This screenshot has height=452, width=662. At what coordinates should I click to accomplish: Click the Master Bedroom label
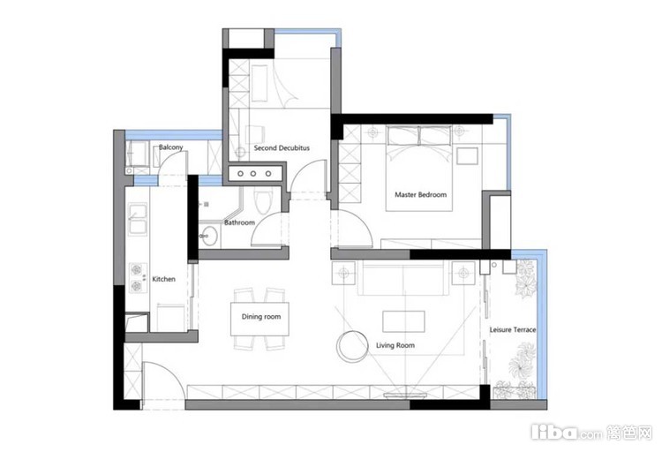(420, 195)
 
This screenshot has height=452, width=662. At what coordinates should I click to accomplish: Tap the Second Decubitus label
(282, 147)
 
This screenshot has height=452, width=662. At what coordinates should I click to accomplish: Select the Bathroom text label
(239, 222)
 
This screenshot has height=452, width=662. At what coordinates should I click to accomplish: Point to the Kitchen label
(164, 279)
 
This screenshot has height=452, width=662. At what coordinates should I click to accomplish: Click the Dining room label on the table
(261, 316)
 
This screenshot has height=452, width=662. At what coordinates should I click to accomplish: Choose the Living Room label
(395, 345)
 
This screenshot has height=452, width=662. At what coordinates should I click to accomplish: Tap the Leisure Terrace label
(513, 329)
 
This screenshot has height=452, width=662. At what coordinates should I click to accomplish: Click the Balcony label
(170, 147)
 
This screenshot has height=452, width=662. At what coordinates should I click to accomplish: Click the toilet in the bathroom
(263, 202)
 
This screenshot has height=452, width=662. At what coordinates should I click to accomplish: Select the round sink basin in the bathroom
(207, 236)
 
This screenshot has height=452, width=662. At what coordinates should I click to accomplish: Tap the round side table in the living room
(352, 346)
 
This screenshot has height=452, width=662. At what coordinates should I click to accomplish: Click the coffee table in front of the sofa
(403, 321)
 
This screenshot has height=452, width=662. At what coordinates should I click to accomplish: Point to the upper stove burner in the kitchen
(136, 269)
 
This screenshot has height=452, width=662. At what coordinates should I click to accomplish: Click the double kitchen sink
(138, 219)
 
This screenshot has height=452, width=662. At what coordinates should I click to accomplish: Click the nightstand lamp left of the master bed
(372, 132)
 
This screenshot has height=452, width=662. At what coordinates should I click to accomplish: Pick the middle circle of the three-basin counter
(253, 174)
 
